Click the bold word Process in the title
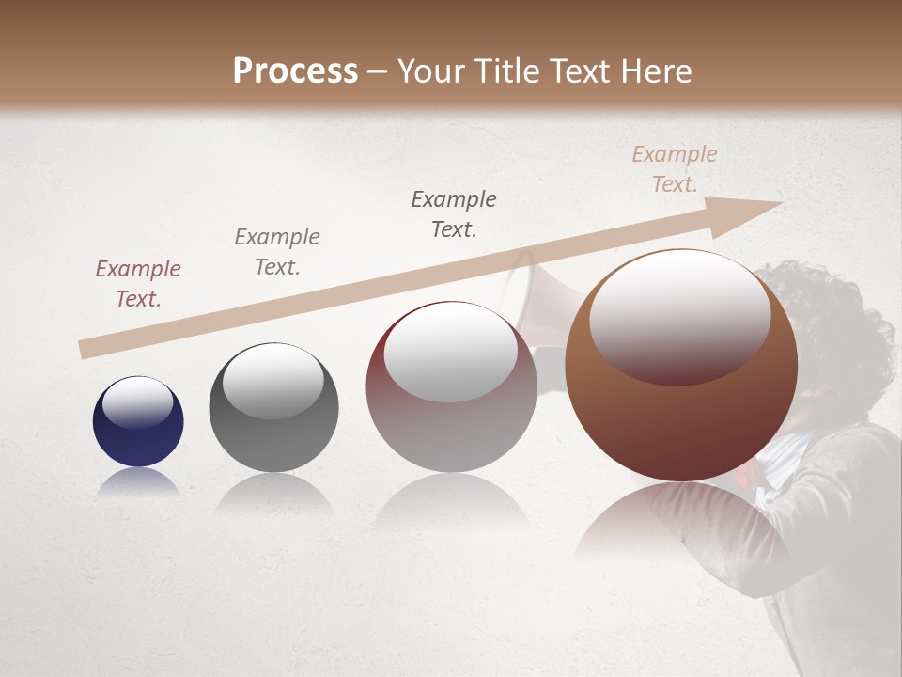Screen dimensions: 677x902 coord(295,71)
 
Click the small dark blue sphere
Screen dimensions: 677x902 coord(138,421)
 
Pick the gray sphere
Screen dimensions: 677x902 coord(273,406)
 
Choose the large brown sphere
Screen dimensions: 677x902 coord(680,367)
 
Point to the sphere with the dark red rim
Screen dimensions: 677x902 coord(451,386)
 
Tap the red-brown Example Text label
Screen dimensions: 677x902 coord(138,284)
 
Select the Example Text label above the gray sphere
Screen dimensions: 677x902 coord(277,252)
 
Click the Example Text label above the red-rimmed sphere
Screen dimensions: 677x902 coord(454,214)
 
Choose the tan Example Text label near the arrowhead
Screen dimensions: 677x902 coord(675,169)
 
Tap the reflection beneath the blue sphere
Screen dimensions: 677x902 coord(138,481)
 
